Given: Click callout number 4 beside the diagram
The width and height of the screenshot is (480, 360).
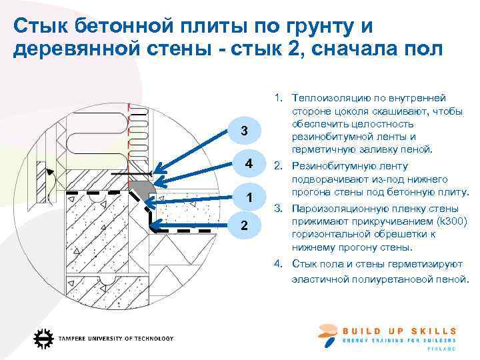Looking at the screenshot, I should (x=248, y=164).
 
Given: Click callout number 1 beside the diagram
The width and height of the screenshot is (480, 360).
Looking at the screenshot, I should (x=248, y=198).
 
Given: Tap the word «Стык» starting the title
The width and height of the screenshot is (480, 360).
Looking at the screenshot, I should (x=41, y=26).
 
